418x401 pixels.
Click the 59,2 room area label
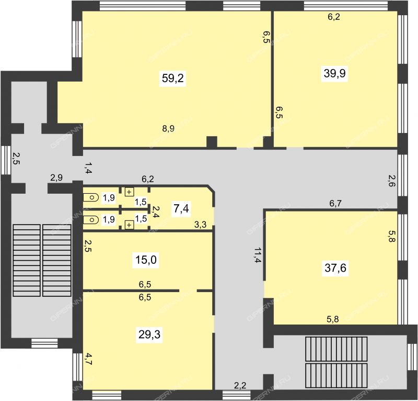(173, 79)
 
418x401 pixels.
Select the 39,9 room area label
(334, 73)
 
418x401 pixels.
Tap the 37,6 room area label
(335, 268)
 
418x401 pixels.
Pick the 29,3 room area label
(149, 334)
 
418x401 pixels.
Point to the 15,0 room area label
(146, 260)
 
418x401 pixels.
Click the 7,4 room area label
(181, 208)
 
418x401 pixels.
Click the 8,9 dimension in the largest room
(168, 129)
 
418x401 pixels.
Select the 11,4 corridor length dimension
(257, 255)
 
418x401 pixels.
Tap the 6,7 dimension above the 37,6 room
(335, 204)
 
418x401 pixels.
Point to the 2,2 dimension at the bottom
(240, 385)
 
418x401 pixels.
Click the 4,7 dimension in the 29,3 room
(88, 359)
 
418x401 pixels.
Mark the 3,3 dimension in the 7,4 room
(200, 225)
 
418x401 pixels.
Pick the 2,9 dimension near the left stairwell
(56, 177)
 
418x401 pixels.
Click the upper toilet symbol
(91, 197)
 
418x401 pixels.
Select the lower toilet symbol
(91, 220)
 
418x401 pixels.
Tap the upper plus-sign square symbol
(129, 192)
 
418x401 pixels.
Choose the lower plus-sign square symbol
(129, 225)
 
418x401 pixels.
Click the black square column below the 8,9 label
(212, 141)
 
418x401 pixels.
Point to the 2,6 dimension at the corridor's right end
(391, 181)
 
